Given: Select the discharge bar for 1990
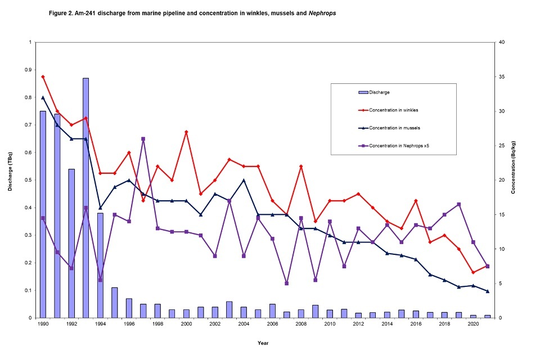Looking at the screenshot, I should (x=43, y=214).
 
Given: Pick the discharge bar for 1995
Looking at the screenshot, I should (x=115, y=303).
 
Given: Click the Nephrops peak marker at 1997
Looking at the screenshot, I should (x=143, y=139).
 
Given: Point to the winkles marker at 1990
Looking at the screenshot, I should (x=43, y=76).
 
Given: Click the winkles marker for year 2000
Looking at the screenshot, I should (x=186, y=132).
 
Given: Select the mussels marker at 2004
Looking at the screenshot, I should (x=244, y=180).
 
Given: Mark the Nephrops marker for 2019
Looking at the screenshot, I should (x=459, y=204).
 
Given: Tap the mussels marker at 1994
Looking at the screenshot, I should (x=100, y=208).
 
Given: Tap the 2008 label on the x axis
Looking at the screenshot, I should (x=301, y=325).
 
